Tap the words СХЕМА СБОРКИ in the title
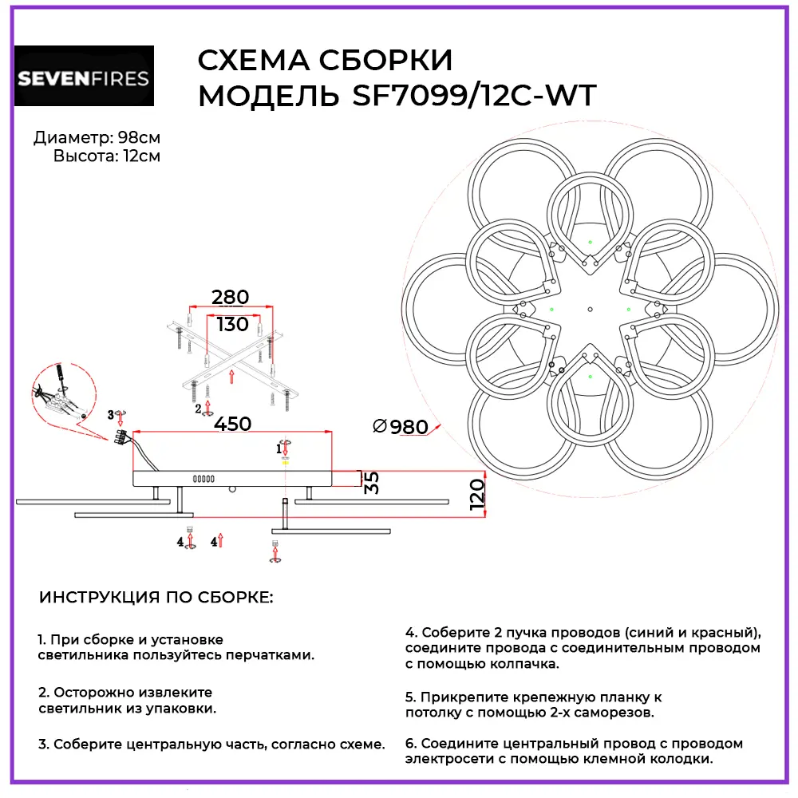pos(324,61)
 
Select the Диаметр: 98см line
pos(97,138)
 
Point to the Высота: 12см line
pos(106,156)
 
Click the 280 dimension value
pos(230,298)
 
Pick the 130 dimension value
pos(232,325)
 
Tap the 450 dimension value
pos(232,424)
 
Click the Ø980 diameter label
pos(401,427)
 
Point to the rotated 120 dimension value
pos(476,495)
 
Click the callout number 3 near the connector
pos(111,414)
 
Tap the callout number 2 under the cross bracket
pos(198,409)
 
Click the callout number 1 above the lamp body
pos(279,449)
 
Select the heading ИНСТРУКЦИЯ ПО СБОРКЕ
pos(156,598)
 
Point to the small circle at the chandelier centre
pos(590,308)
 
